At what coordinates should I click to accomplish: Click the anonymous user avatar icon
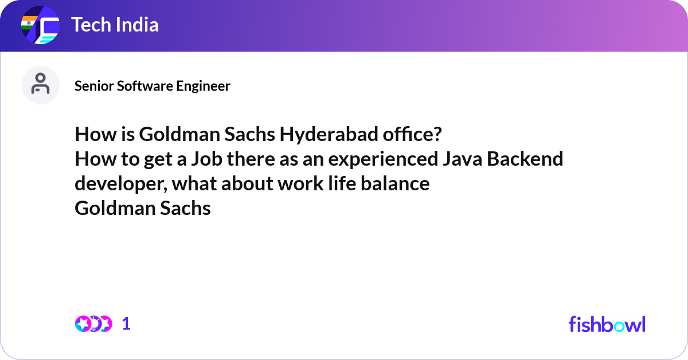(x=40, y=85)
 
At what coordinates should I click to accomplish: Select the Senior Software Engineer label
(x=153, y=86)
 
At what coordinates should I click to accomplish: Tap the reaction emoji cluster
(x=93, y=324)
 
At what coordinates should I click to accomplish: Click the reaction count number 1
(x=127, y=324)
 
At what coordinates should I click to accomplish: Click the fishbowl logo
(x=607, y=324)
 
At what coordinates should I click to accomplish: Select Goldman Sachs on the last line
(x=143, y=208)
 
